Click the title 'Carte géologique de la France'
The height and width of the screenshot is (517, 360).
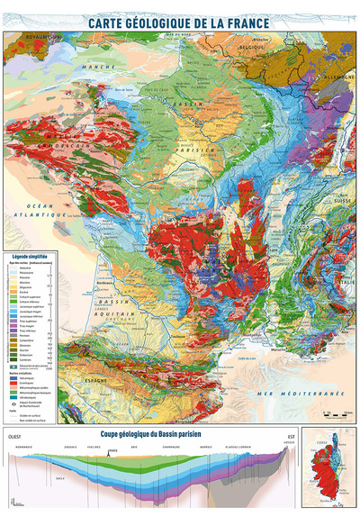[x=180, y=17]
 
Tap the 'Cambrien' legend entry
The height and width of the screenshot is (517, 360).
[x=27, y=360]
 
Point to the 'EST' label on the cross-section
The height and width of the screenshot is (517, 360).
[x=289, y=438]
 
